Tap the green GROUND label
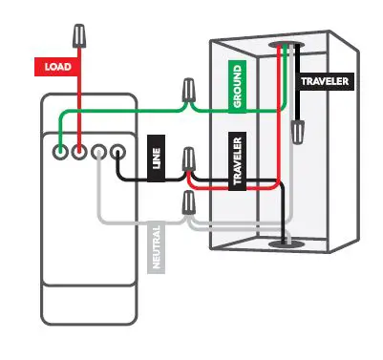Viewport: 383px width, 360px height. pyautogui.click(x=237, y=86)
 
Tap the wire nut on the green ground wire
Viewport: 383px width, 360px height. pyautogui.click(x=189, y=93)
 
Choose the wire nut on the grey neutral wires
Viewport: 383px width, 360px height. pyautogui.click(x=189, y=202)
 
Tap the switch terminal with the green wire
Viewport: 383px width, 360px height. pyautogui.click(x=59, y=150)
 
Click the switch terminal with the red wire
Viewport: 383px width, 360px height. pyautogui.click(x=78, y=150)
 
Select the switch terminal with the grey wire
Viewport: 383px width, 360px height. pyautogui.click(x=98, y=150)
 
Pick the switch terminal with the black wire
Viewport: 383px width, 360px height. pyautogui.click(x=117, y=150)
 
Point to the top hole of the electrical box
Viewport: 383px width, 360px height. pyautogui.click(x=284, y=46)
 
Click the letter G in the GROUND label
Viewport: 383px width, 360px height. pyautogui.click(x=237, y=104)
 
